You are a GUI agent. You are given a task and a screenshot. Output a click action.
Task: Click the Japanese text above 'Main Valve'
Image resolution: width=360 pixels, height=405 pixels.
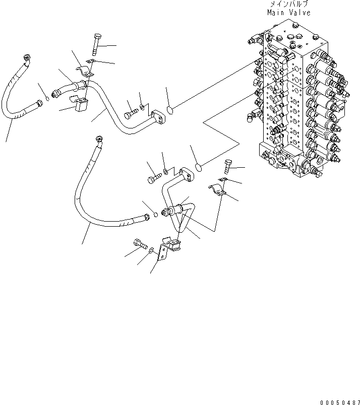click(x=287, y=5)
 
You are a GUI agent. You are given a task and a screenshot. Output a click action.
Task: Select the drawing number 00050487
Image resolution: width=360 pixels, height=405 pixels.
click(x=339, y=401)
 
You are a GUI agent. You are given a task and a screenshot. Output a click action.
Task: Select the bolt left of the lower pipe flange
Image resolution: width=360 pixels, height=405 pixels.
click(x=154, y=177)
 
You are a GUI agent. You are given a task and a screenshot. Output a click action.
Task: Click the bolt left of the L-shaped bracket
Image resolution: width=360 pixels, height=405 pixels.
click(x=140, y=245)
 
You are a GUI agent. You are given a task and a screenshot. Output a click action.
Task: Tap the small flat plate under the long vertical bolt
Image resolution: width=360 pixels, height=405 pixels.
click(x=91, y=62)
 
